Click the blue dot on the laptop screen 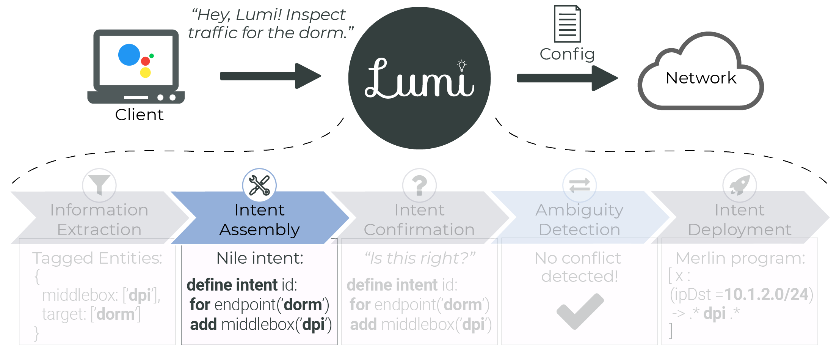pyautogui.click(x=129, y=55)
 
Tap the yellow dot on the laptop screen pyautogui.click(x=145, y=72)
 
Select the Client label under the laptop pyautogui.click(x=139, y=115)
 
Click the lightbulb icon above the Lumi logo pyautogui.click(x=462, y=66)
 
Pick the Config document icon pyautogui.click(x=567, y=24)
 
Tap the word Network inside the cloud pyautogui.click(x=701, y=78)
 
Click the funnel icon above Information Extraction pyautogui.click(x=99, y=184)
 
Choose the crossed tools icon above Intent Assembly pyautogui.click(x=259, y=185)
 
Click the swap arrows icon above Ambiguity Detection pyautogui.click(x=579, y=185)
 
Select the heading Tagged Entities pyautogui.click(x=97, y=258)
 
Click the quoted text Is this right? pyautogui.click(x=420, y=258)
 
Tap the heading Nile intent pyautogui.click(x=260, y=258)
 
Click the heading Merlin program pyautogui.click(x=740, y=258)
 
